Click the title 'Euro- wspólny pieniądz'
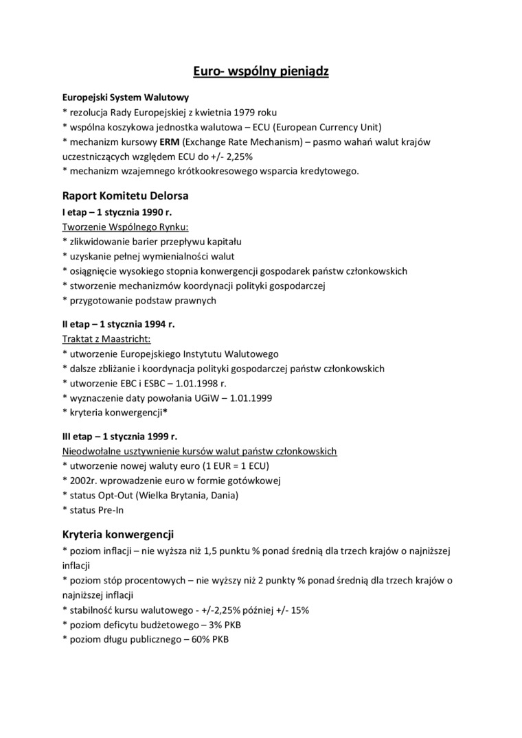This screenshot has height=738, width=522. coord(260,71)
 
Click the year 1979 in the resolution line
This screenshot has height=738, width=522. coord(245,112)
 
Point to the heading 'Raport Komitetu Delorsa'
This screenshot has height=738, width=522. coord(125,196)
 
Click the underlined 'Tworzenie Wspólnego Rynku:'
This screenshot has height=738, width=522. coord(125,227)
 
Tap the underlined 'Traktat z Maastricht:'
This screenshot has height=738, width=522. coord(106,339)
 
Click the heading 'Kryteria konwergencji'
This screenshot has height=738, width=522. coord(117,533)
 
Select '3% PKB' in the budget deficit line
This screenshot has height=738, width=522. coord(223,625)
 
